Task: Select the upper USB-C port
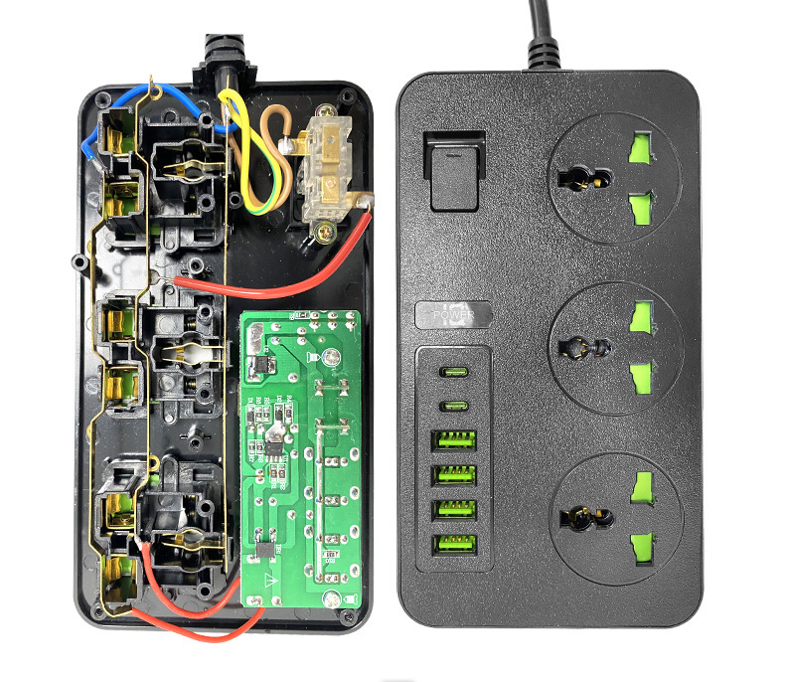coord(453,374)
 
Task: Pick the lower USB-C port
coord(453,405)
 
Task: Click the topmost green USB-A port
coord(453,438)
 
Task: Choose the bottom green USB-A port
coord(453,544)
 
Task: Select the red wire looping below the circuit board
coord(199,620)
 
